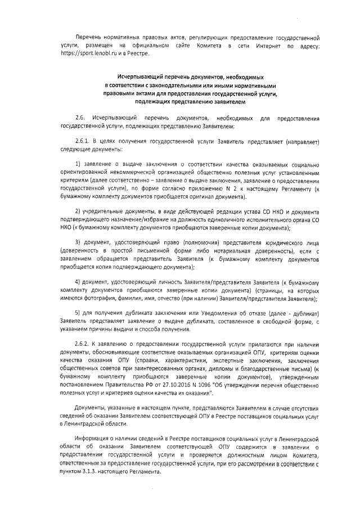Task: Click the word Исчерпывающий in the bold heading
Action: click(141, 74)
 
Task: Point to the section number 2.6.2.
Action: click(82, 343)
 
